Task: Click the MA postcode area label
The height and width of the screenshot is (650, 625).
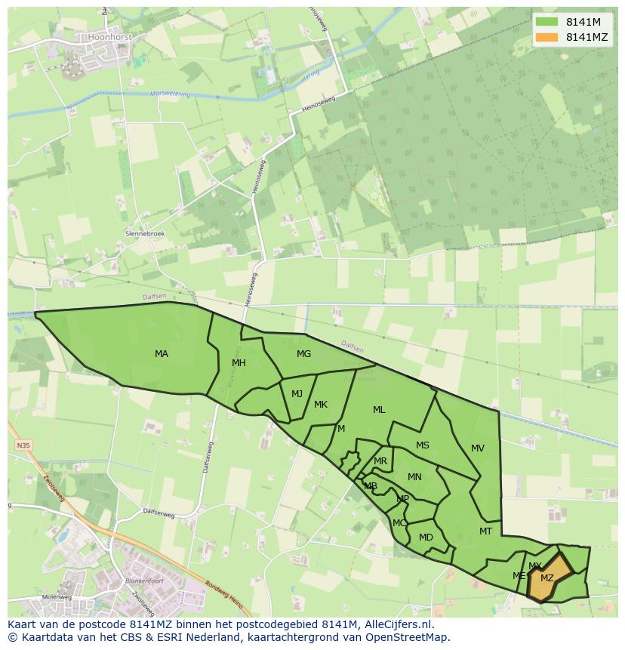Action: (162, 354)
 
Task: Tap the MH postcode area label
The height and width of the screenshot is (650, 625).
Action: (239, 363)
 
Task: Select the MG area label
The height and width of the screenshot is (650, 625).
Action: (303, 354)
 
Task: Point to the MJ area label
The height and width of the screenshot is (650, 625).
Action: (297, 393)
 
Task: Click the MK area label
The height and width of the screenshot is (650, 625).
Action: (321, 405)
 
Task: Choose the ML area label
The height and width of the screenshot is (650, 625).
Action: (379, 410)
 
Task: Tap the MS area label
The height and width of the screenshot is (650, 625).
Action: (423, 445)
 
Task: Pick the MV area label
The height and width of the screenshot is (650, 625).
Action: (478, 448)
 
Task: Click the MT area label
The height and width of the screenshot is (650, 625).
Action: (485, 531)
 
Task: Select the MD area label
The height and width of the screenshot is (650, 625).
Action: (426, 538)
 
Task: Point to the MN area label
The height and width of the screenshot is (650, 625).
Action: (414, 477)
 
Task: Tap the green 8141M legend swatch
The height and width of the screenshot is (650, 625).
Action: (546, 22)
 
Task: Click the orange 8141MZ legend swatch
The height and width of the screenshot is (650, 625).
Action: (546, 37)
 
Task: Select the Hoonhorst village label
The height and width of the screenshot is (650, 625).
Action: (110, 35)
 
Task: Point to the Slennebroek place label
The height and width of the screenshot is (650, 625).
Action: (145, 234)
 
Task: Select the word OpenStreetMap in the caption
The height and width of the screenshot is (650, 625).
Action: (405, 637)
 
